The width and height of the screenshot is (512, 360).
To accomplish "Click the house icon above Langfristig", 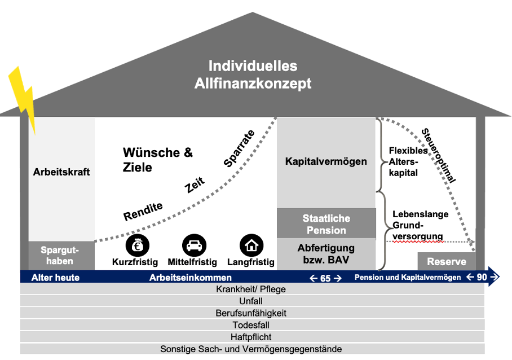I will [x=251, y=245].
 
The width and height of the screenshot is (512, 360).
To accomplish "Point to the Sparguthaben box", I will [x=60, y=255].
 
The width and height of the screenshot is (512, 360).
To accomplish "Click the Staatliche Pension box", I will [x=326, y=224].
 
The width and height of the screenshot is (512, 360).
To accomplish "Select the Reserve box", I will [x=447, y=262].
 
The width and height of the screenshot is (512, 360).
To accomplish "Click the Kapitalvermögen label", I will [x=326, y=161].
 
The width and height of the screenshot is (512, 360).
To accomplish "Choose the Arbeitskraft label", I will [x=61, y=172].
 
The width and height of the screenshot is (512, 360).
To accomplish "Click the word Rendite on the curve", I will [x=143, y=212].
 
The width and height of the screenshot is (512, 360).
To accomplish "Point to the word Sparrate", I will [x=240, y=148].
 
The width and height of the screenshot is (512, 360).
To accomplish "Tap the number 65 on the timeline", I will [x=325, y=278].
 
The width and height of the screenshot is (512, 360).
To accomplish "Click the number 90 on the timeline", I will [x=481, y=278].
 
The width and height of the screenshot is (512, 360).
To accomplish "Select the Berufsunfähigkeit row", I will [x=251, y=313].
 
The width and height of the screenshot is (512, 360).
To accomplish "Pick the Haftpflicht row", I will [x=251, y=337].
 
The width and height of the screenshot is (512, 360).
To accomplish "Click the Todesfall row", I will [x=251, y=325].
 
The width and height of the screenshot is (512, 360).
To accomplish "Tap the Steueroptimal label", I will [x=438, y=156].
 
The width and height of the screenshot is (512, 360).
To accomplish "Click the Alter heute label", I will [x=55, y=278].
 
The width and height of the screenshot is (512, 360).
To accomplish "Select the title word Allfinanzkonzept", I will [x=253, y=84].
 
